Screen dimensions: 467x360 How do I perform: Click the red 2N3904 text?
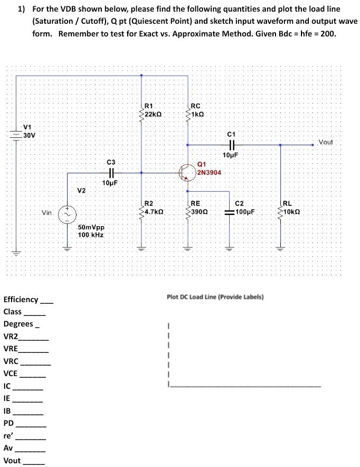pyautogui.click(x=210, y=173)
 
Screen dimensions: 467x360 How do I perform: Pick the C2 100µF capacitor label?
pyautogui.click(x=245, y=208)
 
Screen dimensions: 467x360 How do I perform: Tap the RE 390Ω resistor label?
pyautogui.click(x=198, y=208)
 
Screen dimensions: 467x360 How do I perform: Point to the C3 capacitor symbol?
pyautogui.click(x=110, y=172)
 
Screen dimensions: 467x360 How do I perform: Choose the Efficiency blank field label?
pyautogui.click(x=21, y=300)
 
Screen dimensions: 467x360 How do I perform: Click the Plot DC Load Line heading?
pyautogui.click(x=215, y=297)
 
